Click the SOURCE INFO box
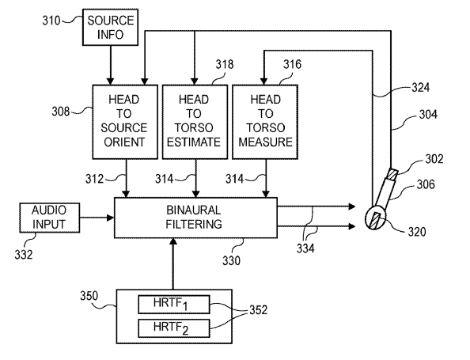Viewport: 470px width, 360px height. pos(110,27)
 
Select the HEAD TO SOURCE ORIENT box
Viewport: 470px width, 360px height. pos(125,122)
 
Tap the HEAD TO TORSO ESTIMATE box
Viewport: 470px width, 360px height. pos(195,122)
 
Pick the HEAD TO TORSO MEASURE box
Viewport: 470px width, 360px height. pos(265,122)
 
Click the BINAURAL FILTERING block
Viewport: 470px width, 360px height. pos(195,218)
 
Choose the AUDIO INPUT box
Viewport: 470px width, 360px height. pos(50,218)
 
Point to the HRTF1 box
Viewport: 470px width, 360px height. pos(174,305)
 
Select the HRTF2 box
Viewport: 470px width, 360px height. pos(174,328)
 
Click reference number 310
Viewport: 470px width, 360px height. pos(51,21)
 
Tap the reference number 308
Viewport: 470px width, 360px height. pos(61,112)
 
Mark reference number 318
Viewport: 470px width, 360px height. pos(225,64)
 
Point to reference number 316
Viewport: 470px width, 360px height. pos(292,64)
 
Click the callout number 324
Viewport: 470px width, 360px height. pos(420,88)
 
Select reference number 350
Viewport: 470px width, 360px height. pos(89,296)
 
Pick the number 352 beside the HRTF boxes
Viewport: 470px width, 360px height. pos(258,310)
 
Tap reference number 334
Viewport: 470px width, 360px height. pos(305,248)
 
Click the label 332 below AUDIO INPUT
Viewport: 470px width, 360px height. pos(24,255)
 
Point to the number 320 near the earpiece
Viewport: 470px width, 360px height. pos(417,232)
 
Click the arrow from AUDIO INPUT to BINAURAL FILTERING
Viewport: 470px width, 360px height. pos(97,218)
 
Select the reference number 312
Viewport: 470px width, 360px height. pos(94,179)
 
